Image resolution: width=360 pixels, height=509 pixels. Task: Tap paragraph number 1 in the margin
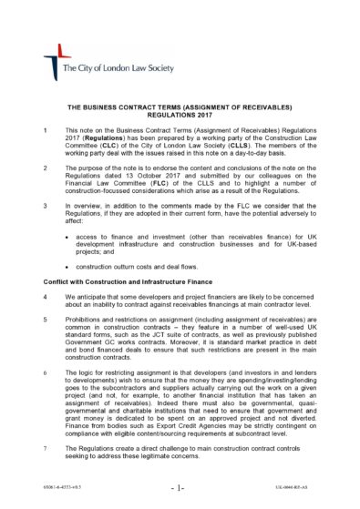pyautogui.click(x=46, y=131)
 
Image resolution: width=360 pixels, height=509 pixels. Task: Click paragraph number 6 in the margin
pyautogui.click(x=46, y=374)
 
